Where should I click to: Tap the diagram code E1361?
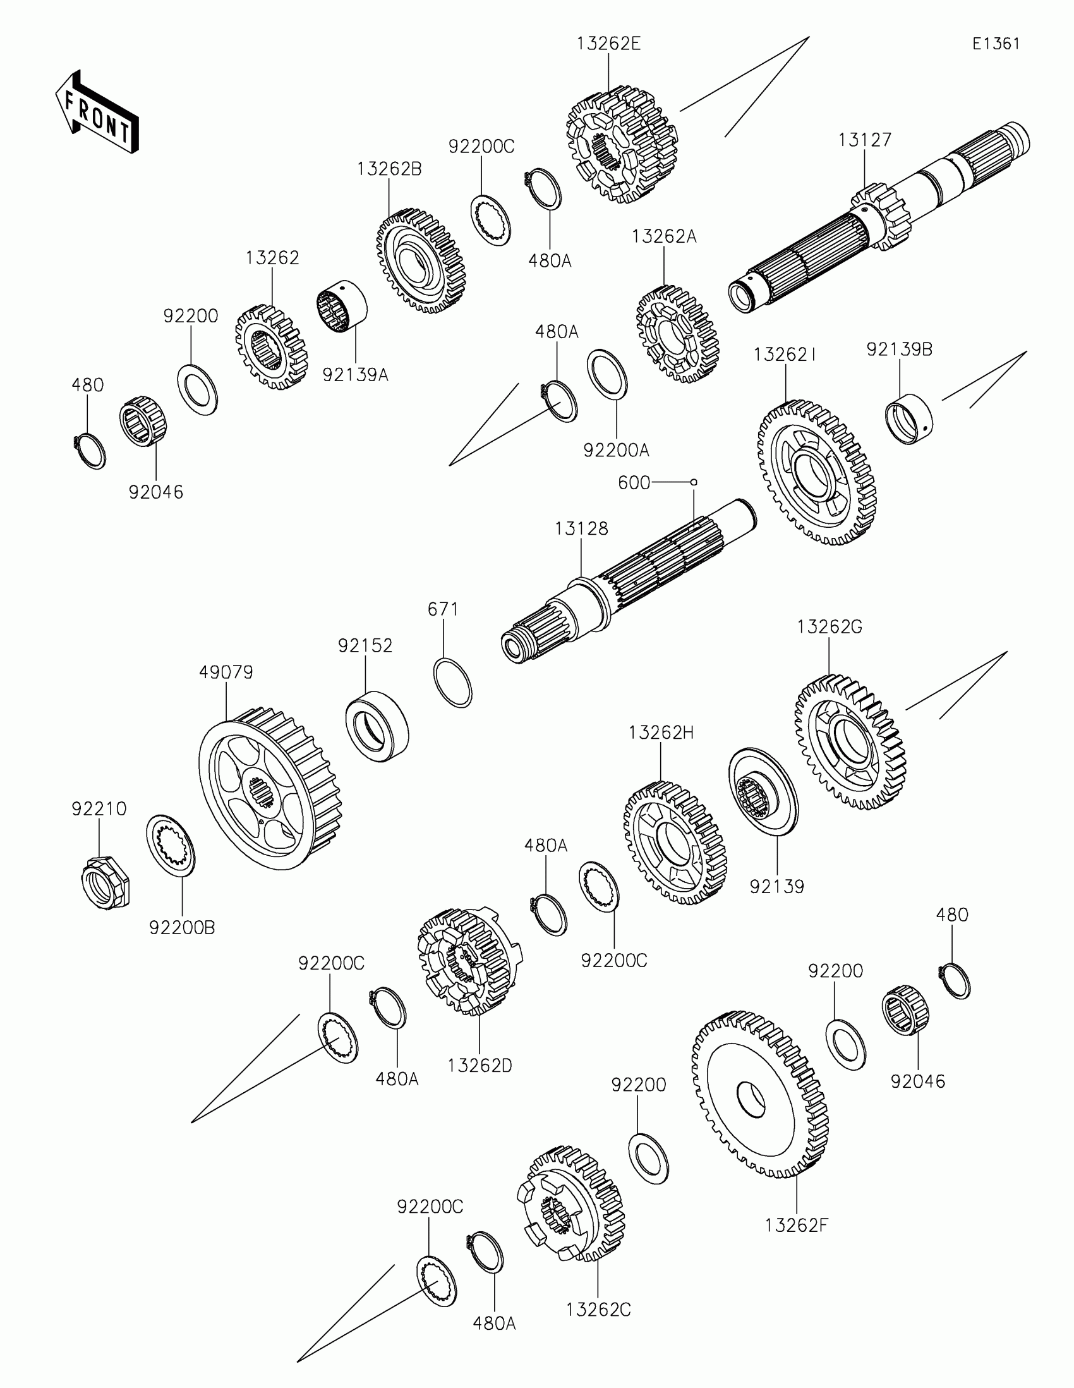(996, 44)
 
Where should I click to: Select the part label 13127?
(864, 140)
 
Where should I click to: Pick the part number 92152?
(365, 646)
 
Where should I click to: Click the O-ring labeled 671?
(453, 683)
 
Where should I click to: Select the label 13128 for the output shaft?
(581, 529)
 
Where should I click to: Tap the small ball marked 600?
(694, 482)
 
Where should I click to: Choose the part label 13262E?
(608, 44)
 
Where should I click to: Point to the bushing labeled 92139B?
(909, 418)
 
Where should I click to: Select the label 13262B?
(389, 169)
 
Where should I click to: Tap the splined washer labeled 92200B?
(171, 846)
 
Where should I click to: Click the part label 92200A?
(616, 451)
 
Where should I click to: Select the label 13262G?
(829, 627)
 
